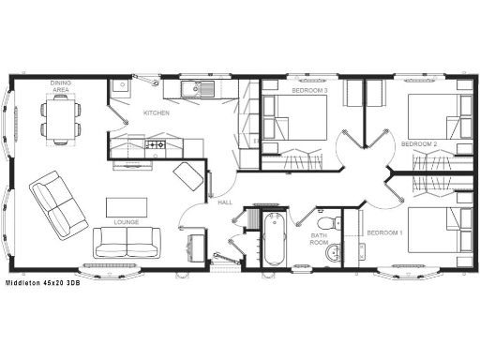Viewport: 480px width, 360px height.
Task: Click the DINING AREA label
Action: [59, 87]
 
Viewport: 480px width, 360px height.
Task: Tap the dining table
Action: [59, 118]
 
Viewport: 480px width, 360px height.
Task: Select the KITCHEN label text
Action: [156, 113]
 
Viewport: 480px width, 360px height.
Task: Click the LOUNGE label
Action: [126, 222]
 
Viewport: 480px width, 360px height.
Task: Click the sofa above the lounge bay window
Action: [126, 243]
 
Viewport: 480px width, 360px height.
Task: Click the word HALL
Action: [225, 202]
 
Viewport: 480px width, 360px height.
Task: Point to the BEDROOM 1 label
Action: [384, 232]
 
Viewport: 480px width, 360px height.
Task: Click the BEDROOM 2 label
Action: [419, 143]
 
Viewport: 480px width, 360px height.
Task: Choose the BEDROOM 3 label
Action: [308, 91]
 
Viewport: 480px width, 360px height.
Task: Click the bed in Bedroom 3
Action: [294, 121]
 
